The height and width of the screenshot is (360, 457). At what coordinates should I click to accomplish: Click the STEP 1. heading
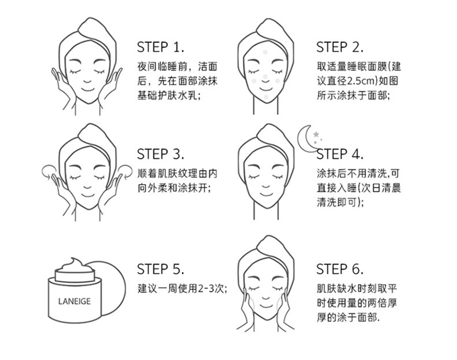161,47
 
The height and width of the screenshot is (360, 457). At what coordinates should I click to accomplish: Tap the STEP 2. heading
340,47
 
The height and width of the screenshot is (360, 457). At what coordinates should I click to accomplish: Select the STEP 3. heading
161,154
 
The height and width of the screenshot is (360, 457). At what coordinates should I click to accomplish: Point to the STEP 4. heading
340,154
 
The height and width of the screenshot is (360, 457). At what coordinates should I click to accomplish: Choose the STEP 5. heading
161,269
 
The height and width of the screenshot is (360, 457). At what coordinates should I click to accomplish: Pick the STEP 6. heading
340,269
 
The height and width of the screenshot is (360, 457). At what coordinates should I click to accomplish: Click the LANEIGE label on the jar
74,302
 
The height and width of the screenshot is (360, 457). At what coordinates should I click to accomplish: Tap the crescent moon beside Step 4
303,140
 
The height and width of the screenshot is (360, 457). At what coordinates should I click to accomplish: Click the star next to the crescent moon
316,134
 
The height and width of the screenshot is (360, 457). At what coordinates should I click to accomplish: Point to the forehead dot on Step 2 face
265,53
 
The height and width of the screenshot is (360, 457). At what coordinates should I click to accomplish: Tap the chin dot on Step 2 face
266,97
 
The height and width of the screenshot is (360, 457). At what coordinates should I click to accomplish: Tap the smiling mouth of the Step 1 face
87,89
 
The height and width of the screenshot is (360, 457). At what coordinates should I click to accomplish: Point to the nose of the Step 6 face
266,298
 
